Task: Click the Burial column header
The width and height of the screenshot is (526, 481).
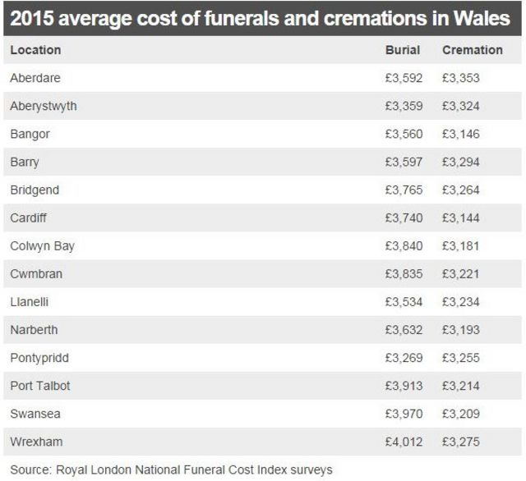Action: [403, 50]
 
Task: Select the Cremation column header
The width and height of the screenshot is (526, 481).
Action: [472, 50]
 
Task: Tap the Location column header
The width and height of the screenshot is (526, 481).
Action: [35, 50]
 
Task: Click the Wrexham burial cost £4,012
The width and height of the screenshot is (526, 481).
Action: [404, 442]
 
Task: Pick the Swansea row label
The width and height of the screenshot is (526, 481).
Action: [35, 414]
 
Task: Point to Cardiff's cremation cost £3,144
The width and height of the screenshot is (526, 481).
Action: [460, 218]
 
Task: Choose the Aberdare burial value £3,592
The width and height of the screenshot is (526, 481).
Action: [404, 78]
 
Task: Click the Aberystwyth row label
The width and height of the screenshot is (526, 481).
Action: [44, 106]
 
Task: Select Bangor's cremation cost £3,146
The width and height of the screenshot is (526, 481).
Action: [460, 134]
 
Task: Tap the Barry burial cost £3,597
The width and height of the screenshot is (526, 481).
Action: [404, 162]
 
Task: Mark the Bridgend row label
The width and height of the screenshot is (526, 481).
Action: [35, 190]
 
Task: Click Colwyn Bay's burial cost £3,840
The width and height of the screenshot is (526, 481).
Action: [404, 245]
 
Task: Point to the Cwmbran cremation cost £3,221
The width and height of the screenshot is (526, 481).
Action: [460, 273]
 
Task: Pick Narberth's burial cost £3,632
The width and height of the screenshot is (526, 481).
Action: [404, 330]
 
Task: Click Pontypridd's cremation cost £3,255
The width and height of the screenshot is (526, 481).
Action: [460, 358]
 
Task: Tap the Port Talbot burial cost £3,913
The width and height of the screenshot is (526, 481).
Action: [404, 386]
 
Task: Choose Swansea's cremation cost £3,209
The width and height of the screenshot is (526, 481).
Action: [460, 414]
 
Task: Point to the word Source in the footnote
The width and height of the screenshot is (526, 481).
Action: [30, 470]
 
